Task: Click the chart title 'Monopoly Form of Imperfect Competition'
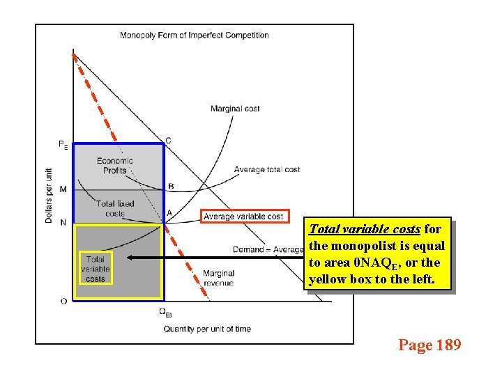tap(195, 35)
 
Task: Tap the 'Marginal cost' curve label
tap(235, 108)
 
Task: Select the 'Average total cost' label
tap(267, 169)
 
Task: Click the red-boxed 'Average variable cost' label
tap(244, 217)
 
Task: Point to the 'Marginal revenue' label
tap(218, 278)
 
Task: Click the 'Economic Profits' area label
tap(115, 165)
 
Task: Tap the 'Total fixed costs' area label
tap(115, 208)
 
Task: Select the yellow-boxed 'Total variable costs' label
tap(96, 269)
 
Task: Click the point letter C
tap(168, 141)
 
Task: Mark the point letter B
tap(171, 186)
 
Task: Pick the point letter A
tap(169, 213)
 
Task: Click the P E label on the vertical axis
tap(63, 145)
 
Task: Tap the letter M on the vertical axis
tap(63, 189)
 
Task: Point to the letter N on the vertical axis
tap(63, 223)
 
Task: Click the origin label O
tap(63, 301)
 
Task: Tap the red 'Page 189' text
tap(429, 345)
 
